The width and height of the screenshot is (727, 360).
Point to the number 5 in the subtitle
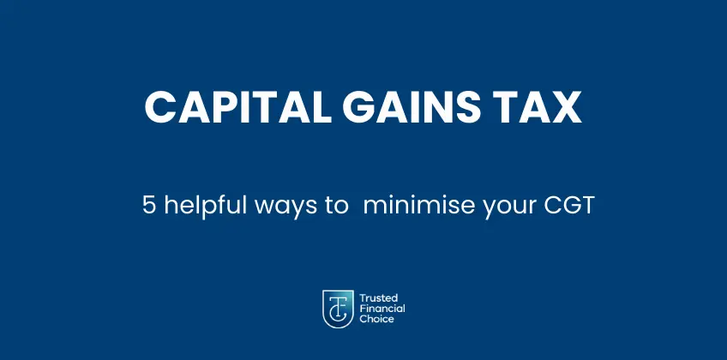pos(148,207)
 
